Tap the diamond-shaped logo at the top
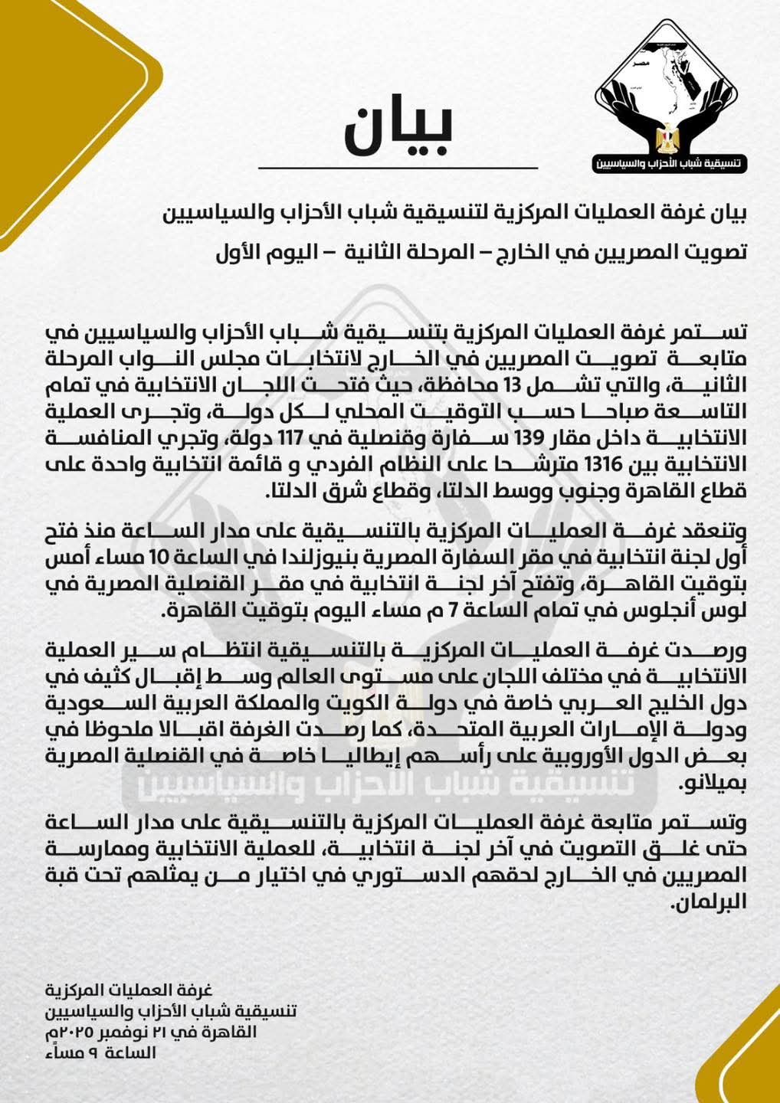point(671,95)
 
